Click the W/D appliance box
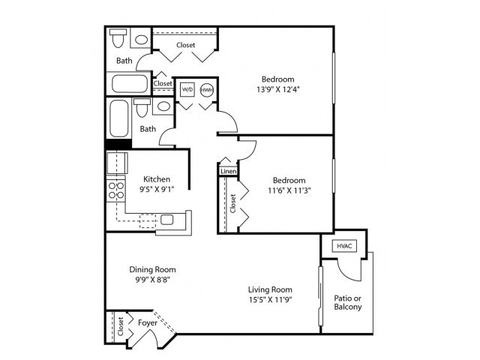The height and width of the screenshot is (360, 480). coord(186,88)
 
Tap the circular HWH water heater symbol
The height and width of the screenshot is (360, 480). coord(206,88)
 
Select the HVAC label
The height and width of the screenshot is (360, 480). coord(344,245)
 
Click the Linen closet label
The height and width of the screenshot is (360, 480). coord(228,172)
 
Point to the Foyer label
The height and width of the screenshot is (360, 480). coord(147,322)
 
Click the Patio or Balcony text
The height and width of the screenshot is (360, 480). coord(347,301)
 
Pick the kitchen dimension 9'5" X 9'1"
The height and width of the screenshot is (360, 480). coord(157,190)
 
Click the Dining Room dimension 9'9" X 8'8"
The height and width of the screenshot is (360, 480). coord(152,280)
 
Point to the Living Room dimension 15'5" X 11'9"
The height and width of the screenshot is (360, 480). coord(271,300)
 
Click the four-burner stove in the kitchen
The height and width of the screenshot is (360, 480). coord(115,190)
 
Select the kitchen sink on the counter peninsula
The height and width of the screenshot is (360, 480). coord(166,220)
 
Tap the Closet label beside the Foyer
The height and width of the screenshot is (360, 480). coord(119,325)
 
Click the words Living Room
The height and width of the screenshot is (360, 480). coord(271,289)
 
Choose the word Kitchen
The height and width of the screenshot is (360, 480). coord(157,179)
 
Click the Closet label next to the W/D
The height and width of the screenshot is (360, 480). coord(163,83)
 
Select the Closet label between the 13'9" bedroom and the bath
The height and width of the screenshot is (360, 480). coord(185,45)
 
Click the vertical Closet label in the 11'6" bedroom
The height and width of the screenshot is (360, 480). coord(233,202)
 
